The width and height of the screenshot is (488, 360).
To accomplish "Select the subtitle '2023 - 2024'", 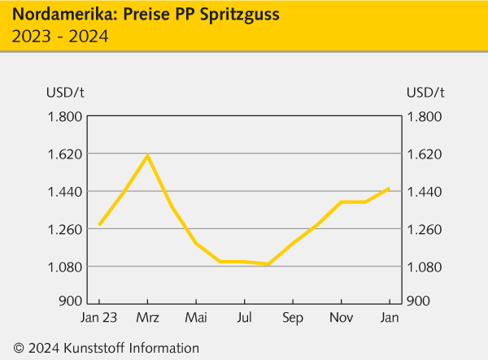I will [59, 36].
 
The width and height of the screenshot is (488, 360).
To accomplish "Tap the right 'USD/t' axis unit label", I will [425, 91].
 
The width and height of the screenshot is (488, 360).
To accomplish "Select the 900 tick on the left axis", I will [70, 301].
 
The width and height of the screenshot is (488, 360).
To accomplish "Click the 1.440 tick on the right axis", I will [425, 192].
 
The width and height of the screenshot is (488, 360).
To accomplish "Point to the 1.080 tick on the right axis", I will [425, 267].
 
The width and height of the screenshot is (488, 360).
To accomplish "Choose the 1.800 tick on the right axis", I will [425, 116].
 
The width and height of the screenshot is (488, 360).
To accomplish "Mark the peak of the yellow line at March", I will [147, 155].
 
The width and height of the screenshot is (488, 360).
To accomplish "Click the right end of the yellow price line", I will [390, 188].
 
